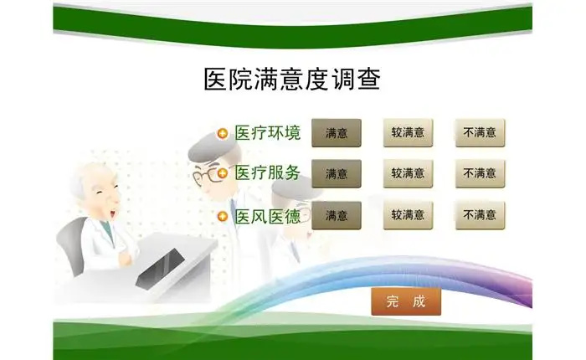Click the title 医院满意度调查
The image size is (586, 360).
coord(292,79)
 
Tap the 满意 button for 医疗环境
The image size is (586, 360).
coord(337,133)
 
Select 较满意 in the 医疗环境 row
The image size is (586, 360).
coord(409,133)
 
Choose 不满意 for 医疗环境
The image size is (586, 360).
coord(480,133)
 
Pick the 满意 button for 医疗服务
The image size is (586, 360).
coord(337,173)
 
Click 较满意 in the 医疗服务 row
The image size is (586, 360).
coord(409,173)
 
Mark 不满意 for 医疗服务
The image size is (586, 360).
coord(480,173)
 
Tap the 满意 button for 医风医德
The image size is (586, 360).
coord(337,215)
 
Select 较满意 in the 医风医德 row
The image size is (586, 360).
coord(409,215)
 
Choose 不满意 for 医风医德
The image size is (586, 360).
coord(480,215)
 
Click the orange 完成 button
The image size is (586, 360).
coord(406,301)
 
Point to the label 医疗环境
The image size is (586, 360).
coord(268,133)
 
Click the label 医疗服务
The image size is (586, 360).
coord(268,172)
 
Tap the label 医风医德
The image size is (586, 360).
coord(268,216)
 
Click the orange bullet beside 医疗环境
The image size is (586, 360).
coord(223,133)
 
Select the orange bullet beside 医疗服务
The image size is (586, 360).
coord(223,173)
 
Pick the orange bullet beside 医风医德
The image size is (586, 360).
coord(223,217)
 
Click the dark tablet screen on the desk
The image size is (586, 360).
coord(161,269)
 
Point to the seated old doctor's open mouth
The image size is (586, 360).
coord(112,213)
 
